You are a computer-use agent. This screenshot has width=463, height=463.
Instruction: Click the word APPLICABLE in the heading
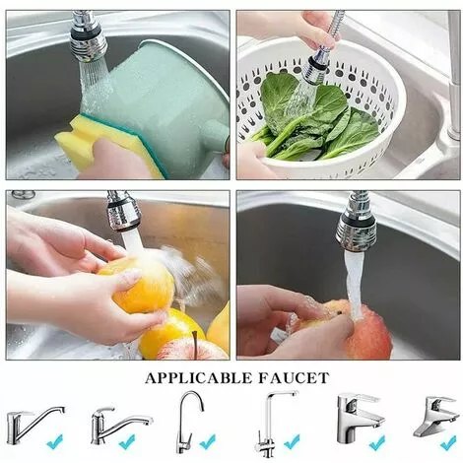point(198,378)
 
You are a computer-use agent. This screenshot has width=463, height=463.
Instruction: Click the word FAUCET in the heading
point(294,378)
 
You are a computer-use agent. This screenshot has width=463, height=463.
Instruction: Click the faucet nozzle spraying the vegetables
point(317,66)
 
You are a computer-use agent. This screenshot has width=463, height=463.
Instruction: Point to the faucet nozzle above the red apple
point(358,224)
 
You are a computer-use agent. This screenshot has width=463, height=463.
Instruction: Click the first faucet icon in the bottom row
point(34,425)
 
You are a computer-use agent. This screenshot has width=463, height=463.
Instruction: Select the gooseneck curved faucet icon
point(190,422)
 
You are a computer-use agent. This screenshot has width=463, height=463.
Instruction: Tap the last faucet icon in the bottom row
point(435,417)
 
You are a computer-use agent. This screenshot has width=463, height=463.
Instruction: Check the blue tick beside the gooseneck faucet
point(207,441)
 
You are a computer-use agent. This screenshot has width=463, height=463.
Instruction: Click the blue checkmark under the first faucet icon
point(54,441)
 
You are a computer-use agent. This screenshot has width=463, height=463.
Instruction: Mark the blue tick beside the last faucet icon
point(448,442)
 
